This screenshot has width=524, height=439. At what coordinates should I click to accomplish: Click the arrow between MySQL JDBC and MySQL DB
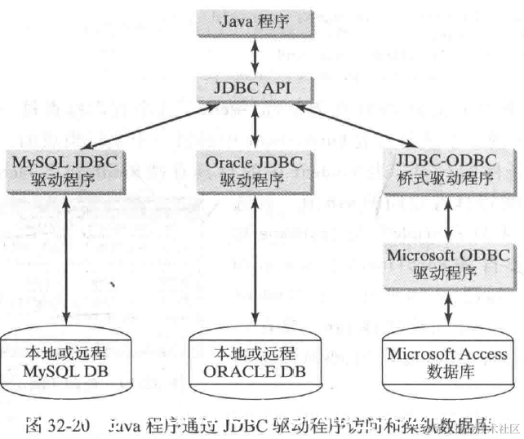coord(65,261)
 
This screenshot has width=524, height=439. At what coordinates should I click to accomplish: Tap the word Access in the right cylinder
coord(482,355)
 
